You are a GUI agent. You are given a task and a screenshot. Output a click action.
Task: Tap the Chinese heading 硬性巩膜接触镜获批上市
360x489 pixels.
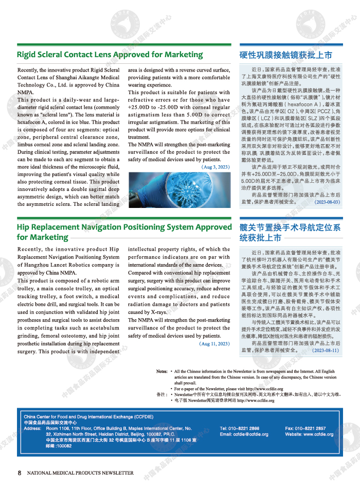[x=285, y=55]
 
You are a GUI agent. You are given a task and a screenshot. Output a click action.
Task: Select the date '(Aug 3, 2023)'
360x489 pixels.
[x=215, y=167]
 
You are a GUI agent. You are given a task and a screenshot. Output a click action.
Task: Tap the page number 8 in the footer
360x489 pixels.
[x=20, y=473]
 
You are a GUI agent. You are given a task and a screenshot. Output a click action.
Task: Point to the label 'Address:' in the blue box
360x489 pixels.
[x=32, y=428]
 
